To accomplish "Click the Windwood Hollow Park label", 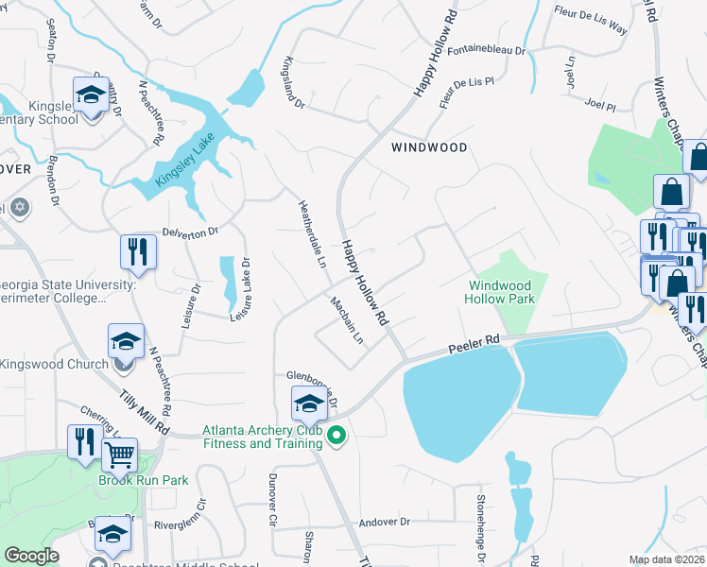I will [x=501, y=292].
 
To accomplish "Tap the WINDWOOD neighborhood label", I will [x=430, y=148].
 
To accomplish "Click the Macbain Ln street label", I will [x=347, y=320].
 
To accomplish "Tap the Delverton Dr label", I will [x=190, y=231].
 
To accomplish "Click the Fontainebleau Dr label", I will [x=487, y=50].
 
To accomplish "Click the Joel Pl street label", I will [x=600, y=102].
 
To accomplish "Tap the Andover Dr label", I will [x=384, y=522].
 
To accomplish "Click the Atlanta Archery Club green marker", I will [x=335, y=437].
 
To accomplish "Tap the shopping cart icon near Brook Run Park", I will [x=119, y=455].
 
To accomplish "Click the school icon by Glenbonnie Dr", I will [x=309, y=404].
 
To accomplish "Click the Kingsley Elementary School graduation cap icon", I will [x=91, y=94].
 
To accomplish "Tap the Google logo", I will [x=32, y=557].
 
